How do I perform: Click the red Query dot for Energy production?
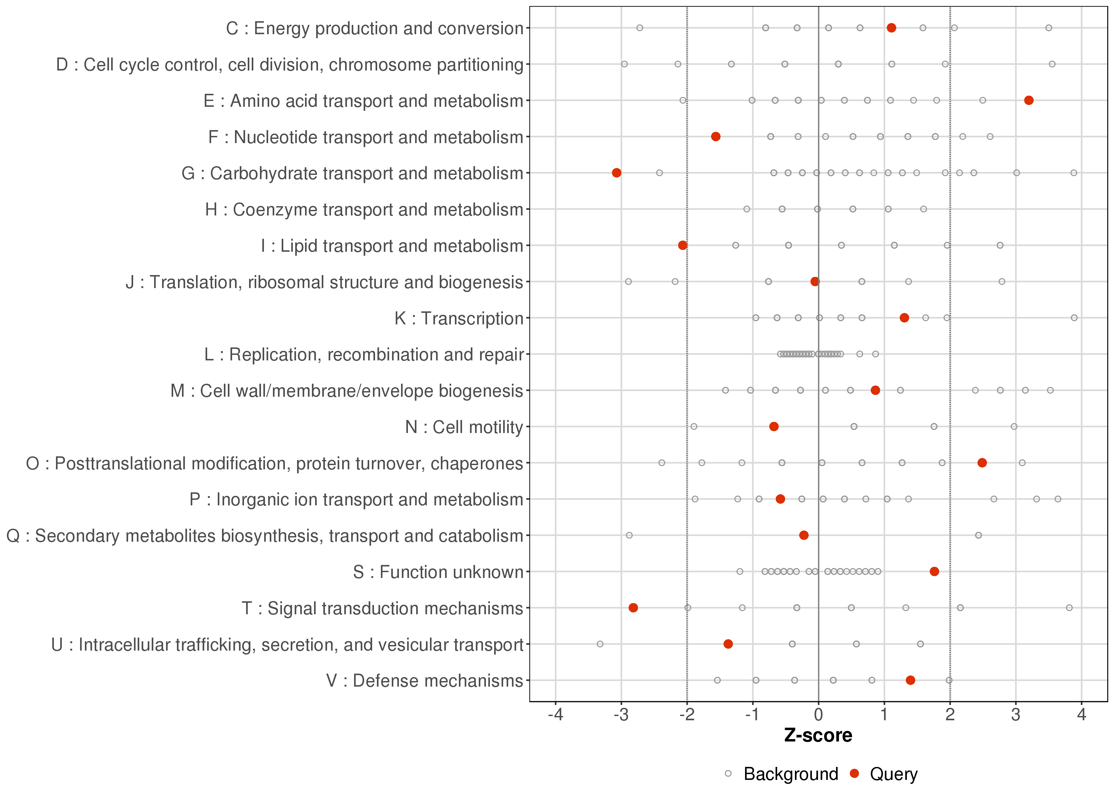click(x=891, y=28)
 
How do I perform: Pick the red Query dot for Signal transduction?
click(x=633, y=607)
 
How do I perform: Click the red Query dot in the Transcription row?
click(x=904, y=318)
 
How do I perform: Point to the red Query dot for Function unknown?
click(x=934, y=571)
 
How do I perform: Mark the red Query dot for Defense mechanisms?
click(x=910, y=680)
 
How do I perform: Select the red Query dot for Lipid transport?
click(x=682, y=245)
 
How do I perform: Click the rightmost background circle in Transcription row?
click(x=1074, y=318)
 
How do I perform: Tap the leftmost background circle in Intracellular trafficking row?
click(x=600, y=644)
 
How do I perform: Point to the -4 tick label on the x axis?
click(x=555, y=715)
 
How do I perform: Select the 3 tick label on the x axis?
click(x=1016, y=715)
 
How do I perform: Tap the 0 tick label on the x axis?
click(x=818, y=715)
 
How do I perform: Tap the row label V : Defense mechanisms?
click(x=424, y=681)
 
